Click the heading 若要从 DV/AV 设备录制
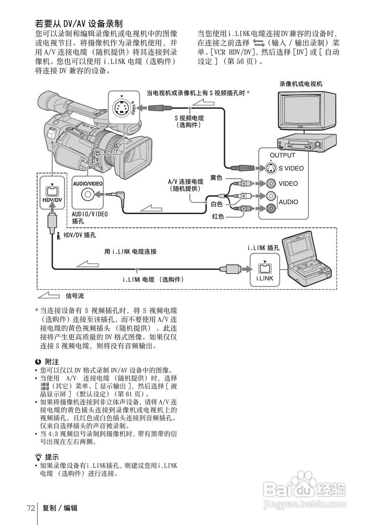(x=79, y=23)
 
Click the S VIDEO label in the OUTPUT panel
(x=291, y=168)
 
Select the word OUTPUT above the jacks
(x=282, y=155)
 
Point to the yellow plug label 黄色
(x=216, y=178)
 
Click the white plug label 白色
(x=217, y=204)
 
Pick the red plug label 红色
(x=218, y=216)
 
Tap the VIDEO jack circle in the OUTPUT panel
(x=270, y=183)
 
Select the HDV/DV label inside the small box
(x=52, y=200)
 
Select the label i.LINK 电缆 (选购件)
(x=153, y=279)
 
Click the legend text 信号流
(x=75, y=296)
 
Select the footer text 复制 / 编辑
(x=60, y=508)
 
